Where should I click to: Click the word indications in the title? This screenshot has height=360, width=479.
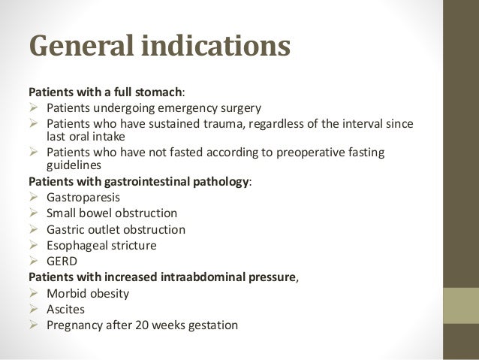(x=222, y=46)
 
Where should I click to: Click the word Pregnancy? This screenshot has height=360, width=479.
(x=76, y=325)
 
